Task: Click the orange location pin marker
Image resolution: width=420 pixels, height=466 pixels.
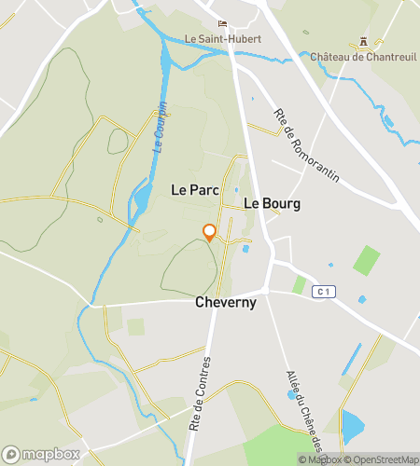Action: [x=209, y=233]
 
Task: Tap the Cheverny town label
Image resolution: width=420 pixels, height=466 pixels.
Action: [x=226, y=303]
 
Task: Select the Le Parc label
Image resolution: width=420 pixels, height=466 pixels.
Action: [x=194, y=189]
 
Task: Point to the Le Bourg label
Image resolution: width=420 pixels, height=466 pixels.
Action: [x=272, y=203]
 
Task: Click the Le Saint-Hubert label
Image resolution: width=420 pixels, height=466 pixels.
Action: [x=223, y=39]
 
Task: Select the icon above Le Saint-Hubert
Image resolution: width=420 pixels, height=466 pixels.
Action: [x=222, y=24]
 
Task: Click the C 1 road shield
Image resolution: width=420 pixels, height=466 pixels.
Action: [x=323, y=292]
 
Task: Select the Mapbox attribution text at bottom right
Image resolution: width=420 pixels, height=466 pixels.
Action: [x=320, y=459]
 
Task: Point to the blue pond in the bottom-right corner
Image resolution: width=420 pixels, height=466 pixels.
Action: [x=353, y=426]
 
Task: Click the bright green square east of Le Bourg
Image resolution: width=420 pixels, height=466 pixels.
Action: [x=366, y=260]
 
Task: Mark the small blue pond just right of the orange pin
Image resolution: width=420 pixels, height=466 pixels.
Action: [x=245, y=248]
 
